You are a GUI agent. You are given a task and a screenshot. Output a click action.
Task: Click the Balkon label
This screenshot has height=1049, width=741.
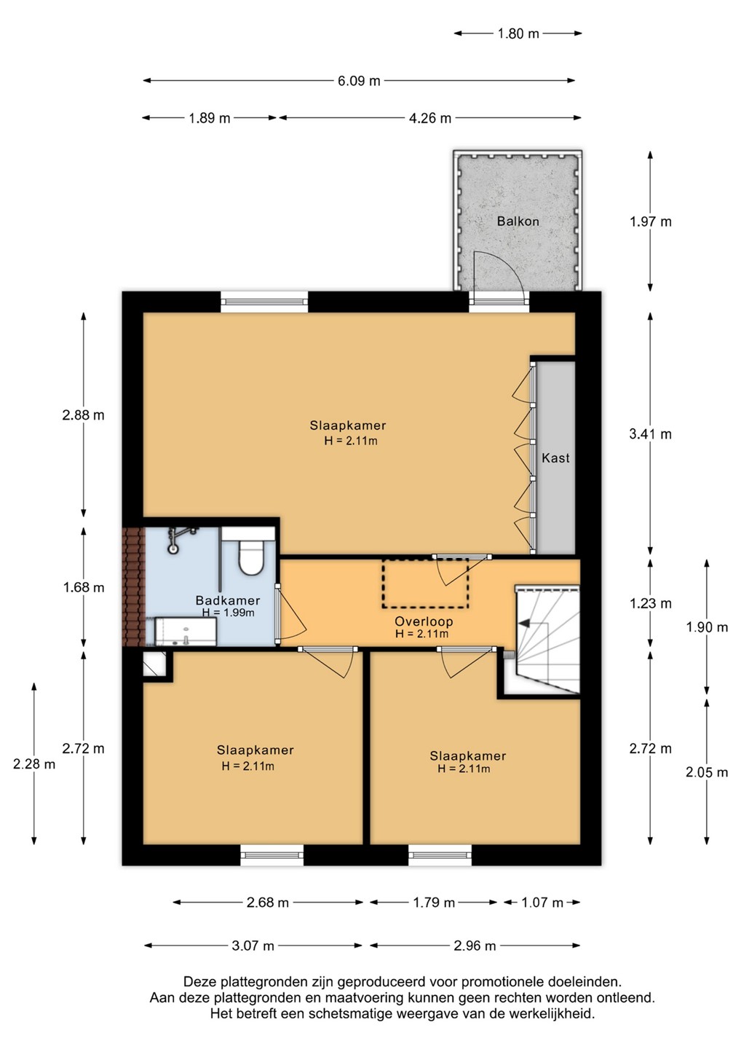(518, 221)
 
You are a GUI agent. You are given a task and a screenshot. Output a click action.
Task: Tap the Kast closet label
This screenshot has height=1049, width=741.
(555, 457)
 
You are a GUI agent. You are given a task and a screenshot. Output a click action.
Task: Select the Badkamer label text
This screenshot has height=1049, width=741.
(227, 600)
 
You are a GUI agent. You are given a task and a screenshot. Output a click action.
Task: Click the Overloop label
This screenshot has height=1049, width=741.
(424, 621)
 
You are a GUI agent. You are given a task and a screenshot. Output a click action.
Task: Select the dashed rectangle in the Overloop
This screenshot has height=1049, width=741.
(425, 584)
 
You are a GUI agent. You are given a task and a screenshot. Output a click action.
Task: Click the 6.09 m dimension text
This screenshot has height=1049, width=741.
(359, 81)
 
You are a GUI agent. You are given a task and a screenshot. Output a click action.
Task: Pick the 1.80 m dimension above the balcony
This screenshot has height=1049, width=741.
(518, 34)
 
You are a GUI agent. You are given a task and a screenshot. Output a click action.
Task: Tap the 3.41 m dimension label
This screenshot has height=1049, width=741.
(650, 434)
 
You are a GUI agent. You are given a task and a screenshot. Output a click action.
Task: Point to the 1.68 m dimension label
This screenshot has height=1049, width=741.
(84, 587)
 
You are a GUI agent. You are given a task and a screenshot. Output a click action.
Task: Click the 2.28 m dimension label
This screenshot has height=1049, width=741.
(34, 763)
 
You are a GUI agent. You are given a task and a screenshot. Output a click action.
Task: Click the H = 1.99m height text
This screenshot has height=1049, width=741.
(229, 613)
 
